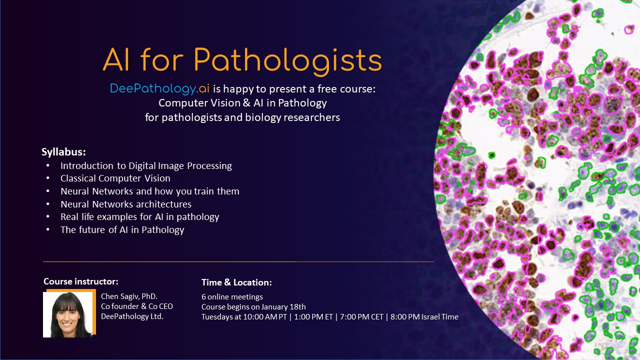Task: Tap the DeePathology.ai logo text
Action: pos(160,89)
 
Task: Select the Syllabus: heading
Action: pos(63,152)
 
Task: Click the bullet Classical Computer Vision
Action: pos(115,178)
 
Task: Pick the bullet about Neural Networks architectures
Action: pos(125,204)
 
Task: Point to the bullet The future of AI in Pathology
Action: pos(122,230)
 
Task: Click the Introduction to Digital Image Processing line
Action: pos(146,165)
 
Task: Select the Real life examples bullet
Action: pos(139,217)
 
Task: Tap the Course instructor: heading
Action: pos(81,281)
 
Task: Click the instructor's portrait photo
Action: pos(68,314)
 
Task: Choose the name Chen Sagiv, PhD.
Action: pos(129,296)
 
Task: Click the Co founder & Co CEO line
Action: pos(136,306)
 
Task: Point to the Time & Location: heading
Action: pos(236,282)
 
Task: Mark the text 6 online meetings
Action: pos(232,297)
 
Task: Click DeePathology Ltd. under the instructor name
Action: pos(132,316)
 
